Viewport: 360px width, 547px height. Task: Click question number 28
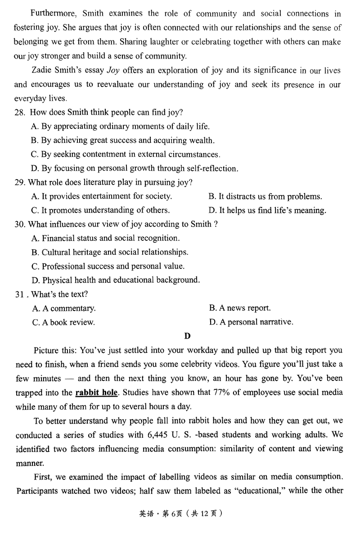20,113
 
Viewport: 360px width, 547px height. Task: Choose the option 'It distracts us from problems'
265,196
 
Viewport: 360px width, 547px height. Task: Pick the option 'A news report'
240,308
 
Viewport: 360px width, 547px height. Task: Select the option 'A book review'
63,322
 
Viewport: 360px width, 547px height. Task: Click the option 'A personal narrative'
251,322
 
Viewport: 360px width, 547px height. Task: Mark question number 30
20,224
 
